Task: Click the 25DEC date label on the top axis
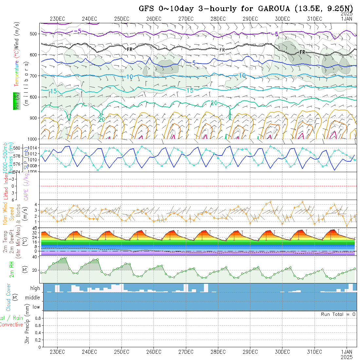121,19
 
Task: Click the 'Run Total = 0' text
338,314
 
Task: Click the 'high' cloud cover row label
35,288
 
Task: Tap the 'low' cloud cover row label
36,307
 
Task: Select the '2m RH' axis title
12,269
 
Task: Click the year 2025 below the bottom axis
347,357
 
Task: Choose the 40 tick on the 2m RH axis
34,257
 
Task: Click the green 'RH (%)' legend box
15,101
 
